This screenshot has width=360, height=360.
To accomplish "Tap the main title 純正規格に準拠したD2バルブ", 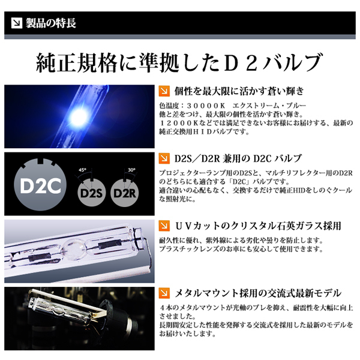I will pyautogui.click(x=179, y=62).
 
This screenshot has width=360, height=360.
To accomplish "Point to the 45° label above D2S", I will pyautogui.click(x=82, y=170).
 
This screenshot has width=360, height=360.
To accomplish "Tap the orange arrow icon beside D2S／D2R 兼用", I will pyautogui.click(x=163, y=159).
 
